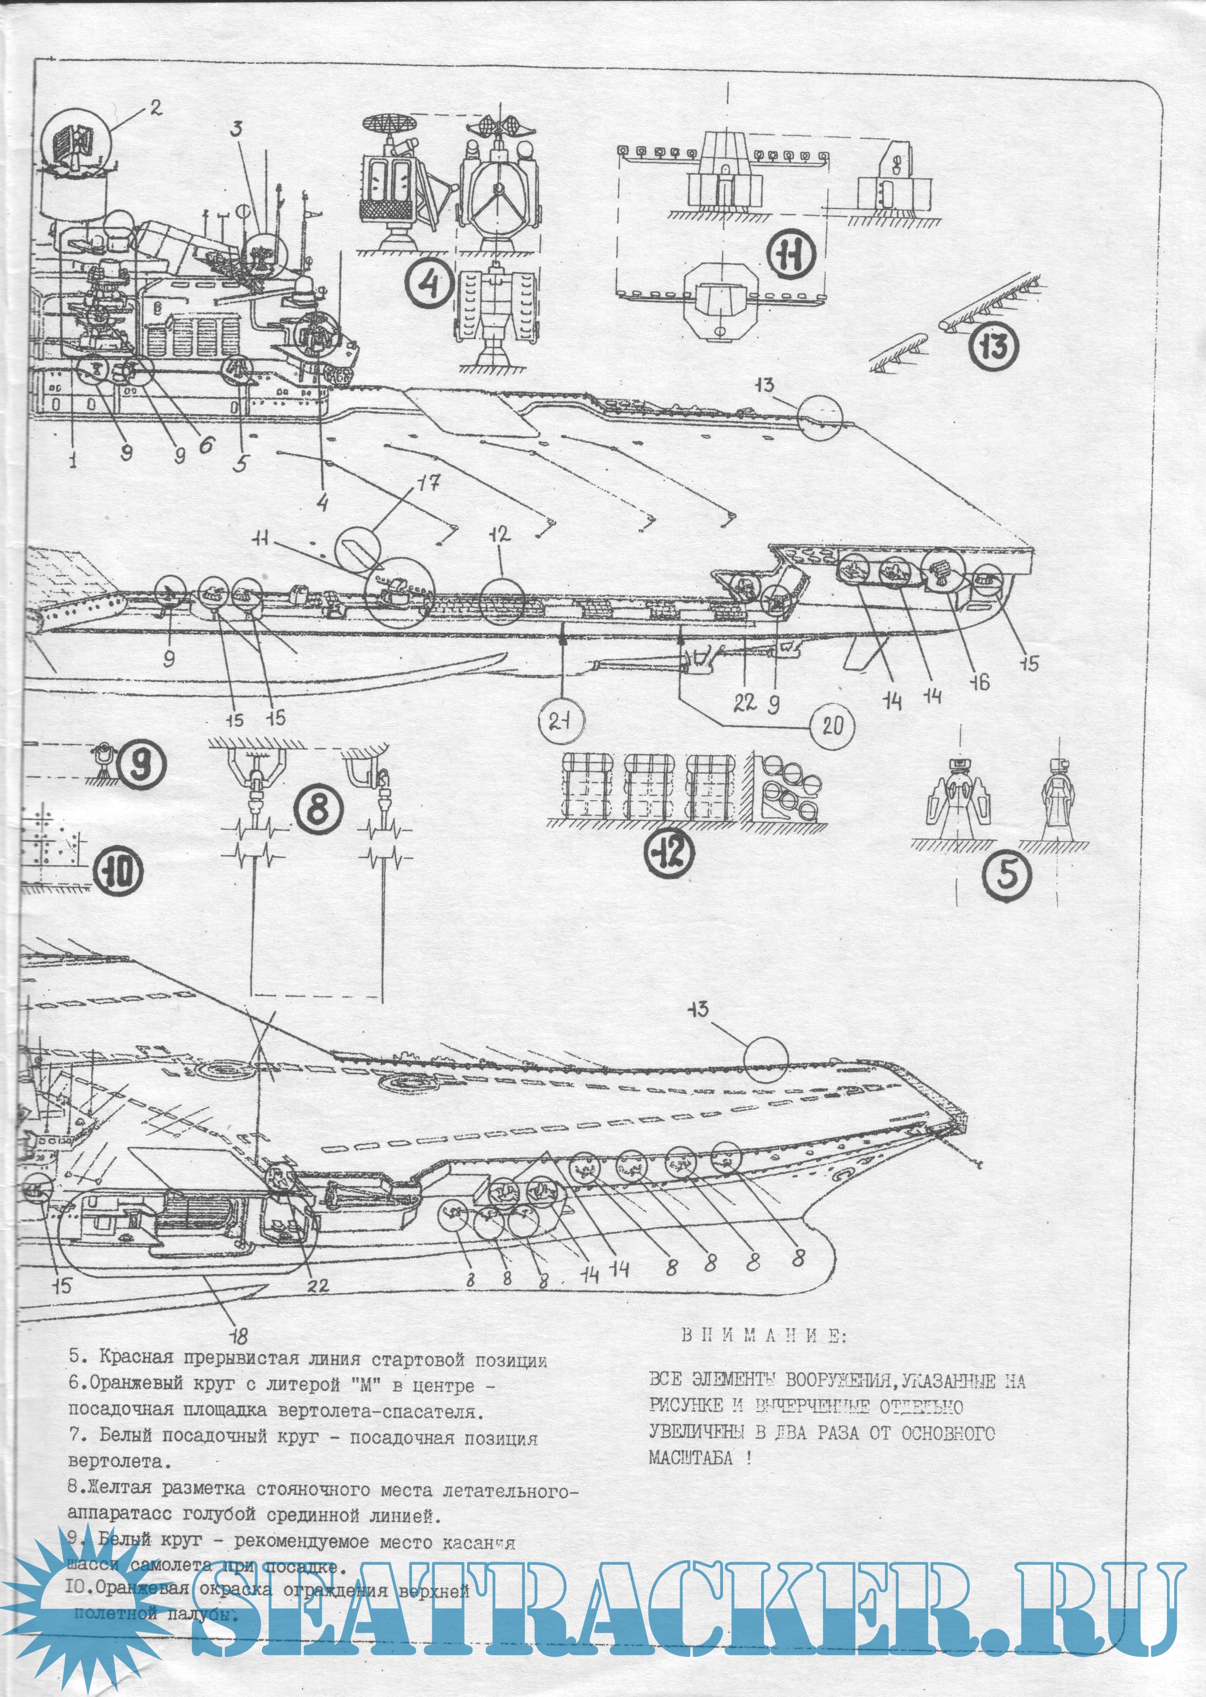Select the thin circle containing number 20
(832, 725)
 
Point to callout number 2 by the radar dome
(154, 108)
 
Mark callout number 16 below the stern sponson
(980, 681)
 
